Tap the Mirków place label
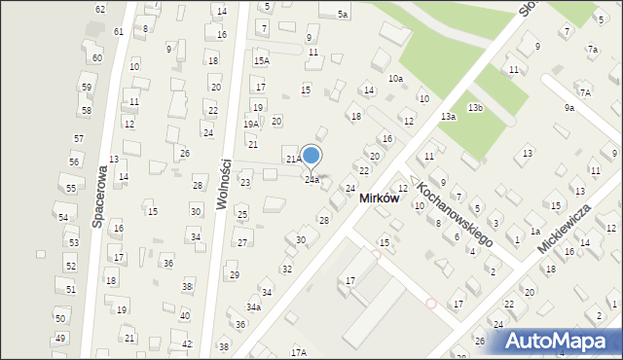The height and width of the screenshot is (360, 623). tap(379, 198)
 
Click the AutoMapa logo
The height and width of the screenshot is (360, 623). tap(557, 340)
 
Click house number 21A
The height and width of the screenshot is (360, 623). tap(292, 159)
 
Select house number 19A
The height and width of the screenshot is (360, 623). tap(251, 125)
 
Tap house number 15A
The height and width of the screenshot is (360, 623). tap(261, 60)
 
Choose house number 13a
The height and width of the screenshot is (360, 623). tap(448, 117)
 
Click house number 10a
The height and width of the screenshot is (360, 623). tap(395, 78)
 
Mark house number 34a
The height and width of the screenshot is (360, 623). tap(253, 307)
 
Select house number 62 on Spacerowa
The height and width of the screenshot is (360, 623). tap(100, 9)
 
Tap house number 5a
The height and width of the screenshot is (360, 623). tap(343, 15)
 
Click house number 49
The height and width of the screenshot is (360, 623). tap(60, 338)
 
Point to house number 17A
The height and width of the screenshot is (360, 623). tap(298, 352)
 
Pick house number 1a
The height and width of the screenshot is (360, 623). tap(535, 232)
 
